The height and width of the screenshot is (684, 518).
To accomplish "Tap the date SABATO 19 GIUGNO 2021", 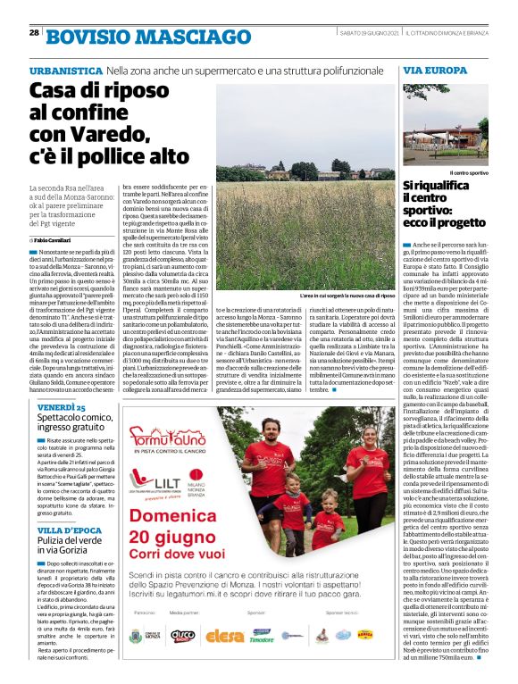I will tap(368, 34).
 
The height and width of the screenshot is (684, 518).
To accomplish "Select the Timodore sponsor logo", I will tap(261, 661).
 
